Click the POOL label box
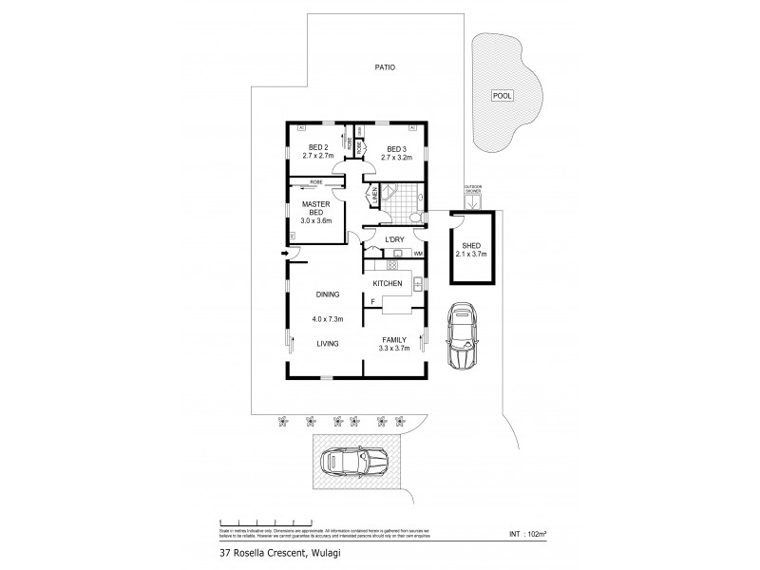click(x=502, y=95)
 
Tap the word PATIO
click(x=383, y=67)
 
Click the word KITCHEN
click(x=387, y=284)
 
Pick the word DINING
click(x=315, y=294)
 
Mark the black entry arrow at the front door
click(x=285, y=254)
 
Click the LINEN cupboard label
click(x=375, y=195)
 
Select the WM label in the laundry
click(x=417, y=253)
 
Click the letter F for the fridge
click(x=373, y=301)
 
